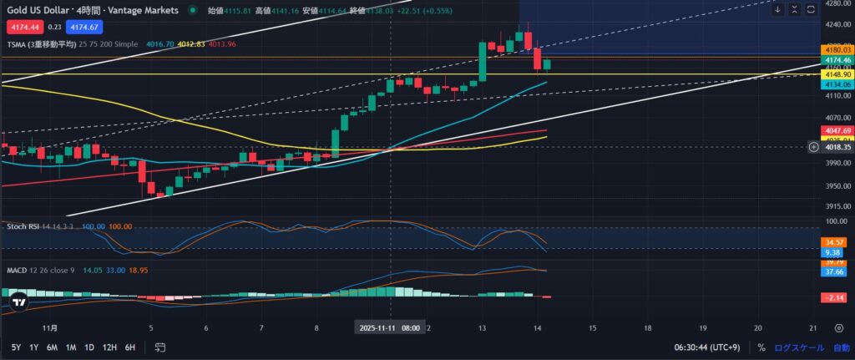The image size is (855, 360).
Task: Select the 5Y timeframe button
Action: [16, 347]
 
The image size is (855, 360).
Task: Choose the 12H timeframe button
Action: [109, 347]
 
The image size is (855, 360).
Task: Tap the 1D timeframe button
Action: [89, 347]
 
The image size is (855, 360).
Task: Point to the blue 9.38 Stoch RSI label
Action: [832, 251]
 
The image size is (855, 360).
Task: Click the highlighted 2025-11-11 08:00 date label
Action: [390, 327]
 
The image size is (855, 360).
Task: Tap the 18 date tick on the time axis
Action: [647, 327]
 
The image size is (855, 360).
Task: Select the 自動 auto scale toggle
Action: [841, 347]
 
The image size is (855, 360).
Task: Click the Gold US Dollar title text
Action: [43, 9]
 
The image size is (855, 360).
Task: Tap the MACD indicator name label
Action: [18, 271]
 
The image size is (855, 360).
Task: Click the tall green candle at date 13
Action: [483, 63]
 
